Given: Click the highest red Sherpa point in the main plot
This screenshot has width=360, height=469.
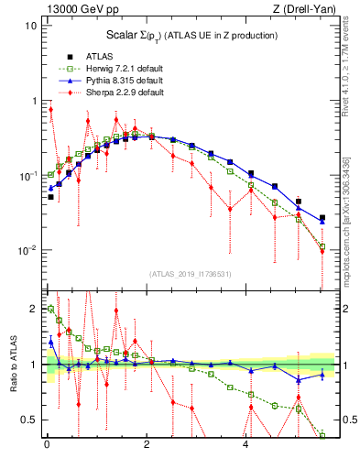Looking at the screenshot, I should pos(50,110).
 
